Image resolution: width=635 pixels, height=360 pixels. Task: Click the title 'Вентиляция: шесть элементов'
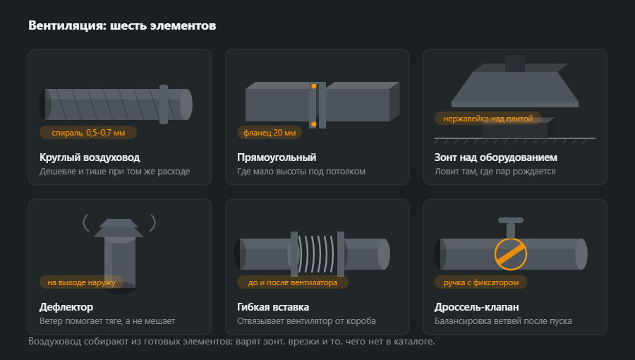122,25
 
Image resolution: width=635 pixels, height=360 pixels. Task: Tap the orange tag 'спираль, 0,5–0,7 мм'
88,133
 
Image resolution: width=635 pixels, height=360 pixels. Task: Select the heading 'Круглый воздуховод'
90,157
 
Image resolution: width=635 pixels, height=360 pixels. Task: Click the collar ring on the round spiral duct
164,104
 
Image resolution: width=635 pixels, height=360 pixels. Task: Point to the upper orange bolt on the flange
314,86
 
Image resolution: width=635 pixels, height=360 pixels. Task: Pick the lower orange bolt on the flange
314,124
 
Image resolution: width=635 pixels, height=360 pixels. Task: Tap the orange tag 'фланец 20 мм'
270,133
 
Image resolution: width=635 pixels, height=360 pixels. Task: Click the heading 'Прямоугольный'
277,157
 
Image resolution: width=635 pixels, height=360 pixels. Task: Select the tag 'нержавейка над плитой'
488,119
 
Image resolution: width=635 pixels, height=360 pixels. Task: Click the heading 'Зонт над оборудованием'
496,157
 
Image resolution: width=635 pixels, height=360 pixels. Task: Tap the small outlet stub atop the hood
515,64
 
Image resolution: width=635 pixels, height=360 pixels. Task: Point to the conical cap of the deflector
119,228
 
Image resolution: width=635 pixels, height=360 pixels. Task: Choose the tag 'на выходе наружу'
81,282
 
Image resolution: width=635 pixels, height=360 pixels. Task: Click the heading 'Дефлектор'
66,307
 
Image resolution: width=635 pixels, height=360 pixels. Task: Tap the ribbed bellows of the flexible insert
317,254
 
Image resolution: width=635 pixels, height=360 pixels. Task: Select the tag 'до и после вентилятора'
292,282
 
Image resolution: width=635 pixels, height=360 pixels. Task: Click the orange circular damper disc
511,254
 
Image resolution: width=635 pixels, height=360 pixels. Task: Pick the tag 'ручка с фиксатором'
481,282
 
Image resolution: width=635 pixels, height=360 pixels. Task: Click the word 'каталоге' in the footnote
415,342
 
